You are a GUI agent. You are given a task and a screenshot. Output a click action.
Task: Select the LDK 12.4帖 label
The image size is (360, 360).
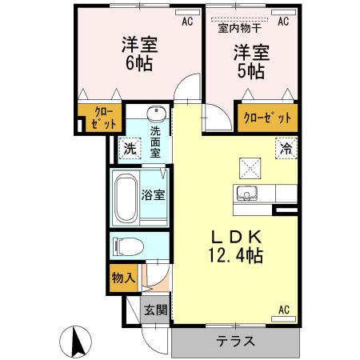coord(232,246)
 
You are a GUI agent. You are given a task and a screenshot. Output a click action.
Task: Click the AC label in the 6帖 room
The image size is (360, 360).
coord(187,22)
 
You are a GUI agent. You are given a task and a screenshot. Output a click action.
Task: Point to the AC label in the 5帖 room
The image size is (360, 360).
coord(282,22)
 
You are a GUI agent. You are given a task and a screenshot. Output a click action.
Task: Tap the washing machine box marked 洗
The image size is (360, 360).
coord(129,149)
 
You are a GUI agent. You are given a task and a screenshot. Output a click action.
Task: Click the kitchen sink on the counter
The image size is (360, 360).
coord(245,194)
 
